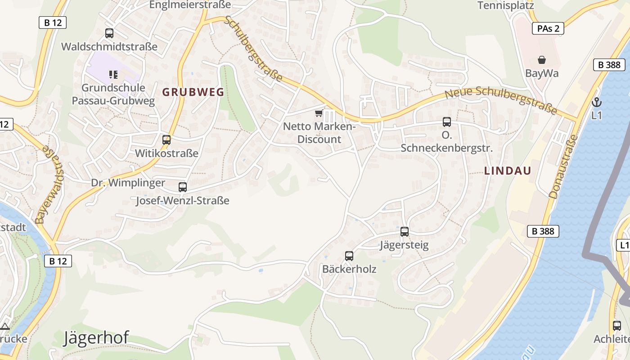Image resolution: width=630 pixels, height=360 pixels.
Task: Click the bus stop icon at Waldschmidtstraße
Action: tap(109, 33)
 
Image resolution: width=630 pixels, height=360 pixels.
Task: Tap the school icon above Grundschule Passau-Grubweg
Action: tap(113, 74)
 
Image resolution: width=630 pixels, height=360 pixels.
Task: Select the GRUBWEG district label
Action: tap(193, 92)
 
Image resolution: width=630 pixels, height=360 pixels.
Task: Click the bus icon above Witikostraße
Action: tap(166, 140)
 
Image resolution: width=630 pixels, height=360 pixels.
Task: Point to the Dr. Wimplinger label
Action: tap(128, 183)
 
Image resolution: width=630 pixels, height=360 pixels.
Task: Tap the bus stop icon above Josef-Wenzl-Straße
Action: tap(183, 187)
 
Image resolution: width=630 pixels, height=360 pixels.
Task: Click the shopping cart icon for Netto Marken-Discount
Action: tap(319, 113)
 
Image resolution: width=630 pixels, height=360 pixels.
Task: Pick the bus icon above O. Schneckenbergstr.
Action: tap(447, 122)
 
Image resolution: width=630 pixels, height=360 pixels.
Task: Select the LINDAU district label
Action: tap(508, 171)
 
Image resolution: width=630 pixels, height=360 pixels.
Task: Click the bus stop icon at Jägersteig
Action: tap(405, 232)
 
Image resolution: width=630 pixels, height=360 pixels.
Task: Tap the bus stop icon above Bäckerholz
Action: tap(349, 256)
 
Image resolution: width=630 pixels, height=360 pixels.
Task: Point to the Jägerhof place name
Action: tap(96, 337)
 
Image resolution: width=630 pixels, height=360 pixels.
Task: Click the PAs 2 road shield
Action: tap(548, 29)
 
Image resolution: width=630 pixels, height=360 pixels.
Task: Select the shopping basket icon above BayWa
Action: tap(542, 60)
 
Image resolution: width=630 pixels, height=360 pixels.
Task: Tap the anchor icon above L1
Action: tap(597, 102)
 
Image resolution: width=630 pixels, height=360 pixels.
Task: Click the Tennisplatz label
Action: tap(505, 5)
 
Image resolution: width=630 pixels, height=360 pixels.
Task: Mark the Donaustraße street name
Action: tap(563, 166)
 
